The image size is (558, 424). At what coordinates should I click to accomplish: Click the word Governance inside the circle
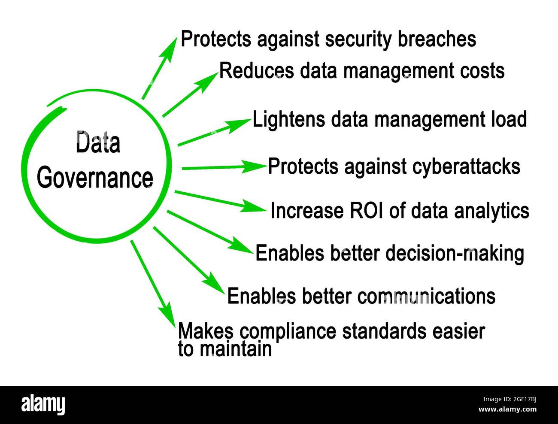[95, 178]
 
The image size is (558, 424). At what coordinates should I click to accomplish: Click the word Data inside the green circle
[98, 144]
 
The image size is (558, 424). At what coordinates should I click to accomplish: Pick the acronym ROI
[366, 211]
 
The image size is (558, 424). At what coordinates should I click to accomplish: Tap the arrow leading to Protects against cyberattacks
[223, 167]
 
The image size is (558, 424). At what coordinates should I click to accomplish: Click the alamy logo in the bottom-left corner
[43, 405]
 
